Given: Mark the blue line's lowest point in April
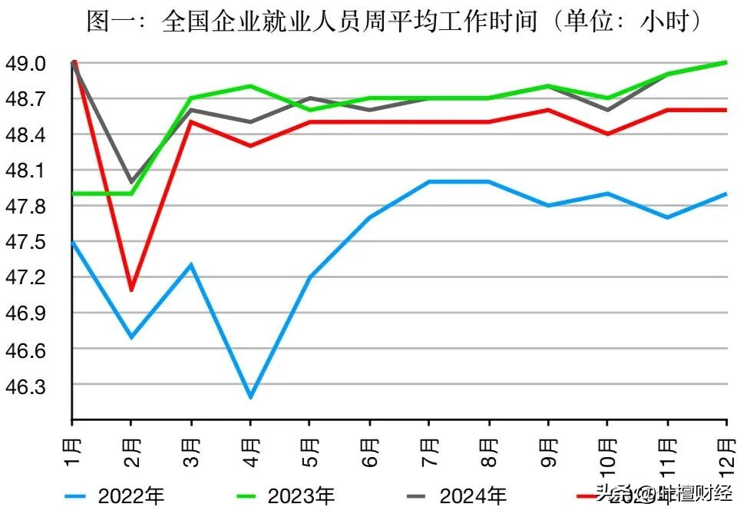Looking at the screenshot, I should coord(250,397).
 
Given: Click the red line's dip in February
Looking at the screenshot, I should coord(131,290).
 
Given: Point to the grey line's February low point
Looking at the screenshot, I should coord(131,182).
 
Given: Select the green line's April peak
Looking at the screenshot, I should coord(250,86).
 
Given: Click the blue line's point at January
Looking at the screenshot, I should coord(72,242).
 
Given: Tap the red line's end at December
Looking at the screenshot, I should coord(727,110).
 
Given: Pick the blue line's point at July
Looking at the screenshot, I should coord(429,181).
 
